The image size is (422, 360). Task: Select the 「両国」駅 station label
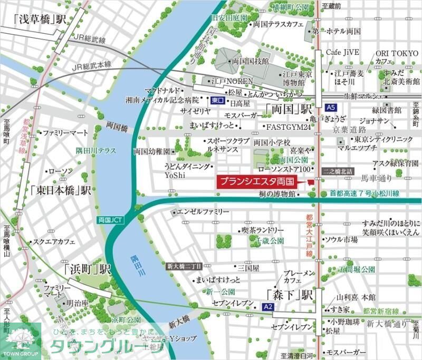click(x=289, y=110)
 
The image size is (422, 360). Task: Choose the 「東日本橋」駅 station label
click(x=61, y=190)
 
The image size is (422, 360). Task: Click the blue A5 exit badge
click(x=331, y=108)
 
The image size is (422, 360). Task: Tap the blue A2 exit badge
click(x=267, y=306)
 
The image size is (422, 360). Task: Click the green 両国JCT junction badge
click(x=110, y=219)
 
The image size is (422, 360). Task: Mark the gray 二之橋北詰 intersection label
click(x=338, y=172)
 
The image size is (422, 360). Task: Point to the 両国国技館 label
click(x=251, y=62)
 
